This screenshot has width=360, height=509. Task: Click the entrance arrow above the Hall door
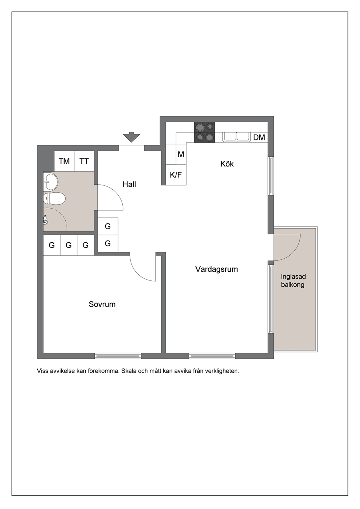pyautogui.click(x=131, y=137)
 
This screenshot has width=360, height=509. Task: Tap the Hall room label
pyautogui.click(x=129, y=184)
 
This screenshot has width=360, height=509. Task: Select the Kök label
pyautogui.click(x=227, y=164)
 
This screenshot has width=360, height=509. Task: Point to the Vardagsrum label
pyautogui.click(x=217, y=269)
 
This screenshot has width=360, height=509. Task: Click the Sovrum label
pyautogui.click(x=102, y=304)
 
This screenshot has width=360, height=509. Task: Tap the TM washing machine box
pyautogui.click(x=64, y=161)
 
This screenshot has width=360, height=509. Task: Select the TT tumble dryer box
pyautogui.click(x=84, y=161)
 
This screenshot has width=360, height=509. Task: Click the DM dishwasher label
pyautogui.click(x=259, y=137)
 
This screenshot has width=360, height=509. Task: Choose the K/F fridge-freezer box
pyautogui.click(x=176, y=175)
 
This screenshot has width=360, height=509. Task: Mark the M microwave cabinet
pyautogui.click(x=181, y=154)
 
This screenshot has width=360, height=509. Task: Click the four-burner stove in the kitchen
pyautogui.click(x=204, y=132)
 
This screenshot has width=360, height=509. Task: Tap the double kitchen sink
pyautogui.click(x=236, y=137)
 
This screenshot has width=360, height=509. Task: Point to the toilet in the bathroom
pyautogui.click(x=54, y=199)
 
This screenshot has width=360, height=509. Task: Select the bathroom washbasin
pyautogui.click(x=51, y=181)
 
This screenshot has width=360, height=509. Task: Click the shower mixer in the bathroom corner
pyautogui.click(x=45, y=220)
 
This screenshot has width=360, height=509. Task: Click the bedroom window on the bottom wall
pyautogui.click(x=118, y=356)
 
